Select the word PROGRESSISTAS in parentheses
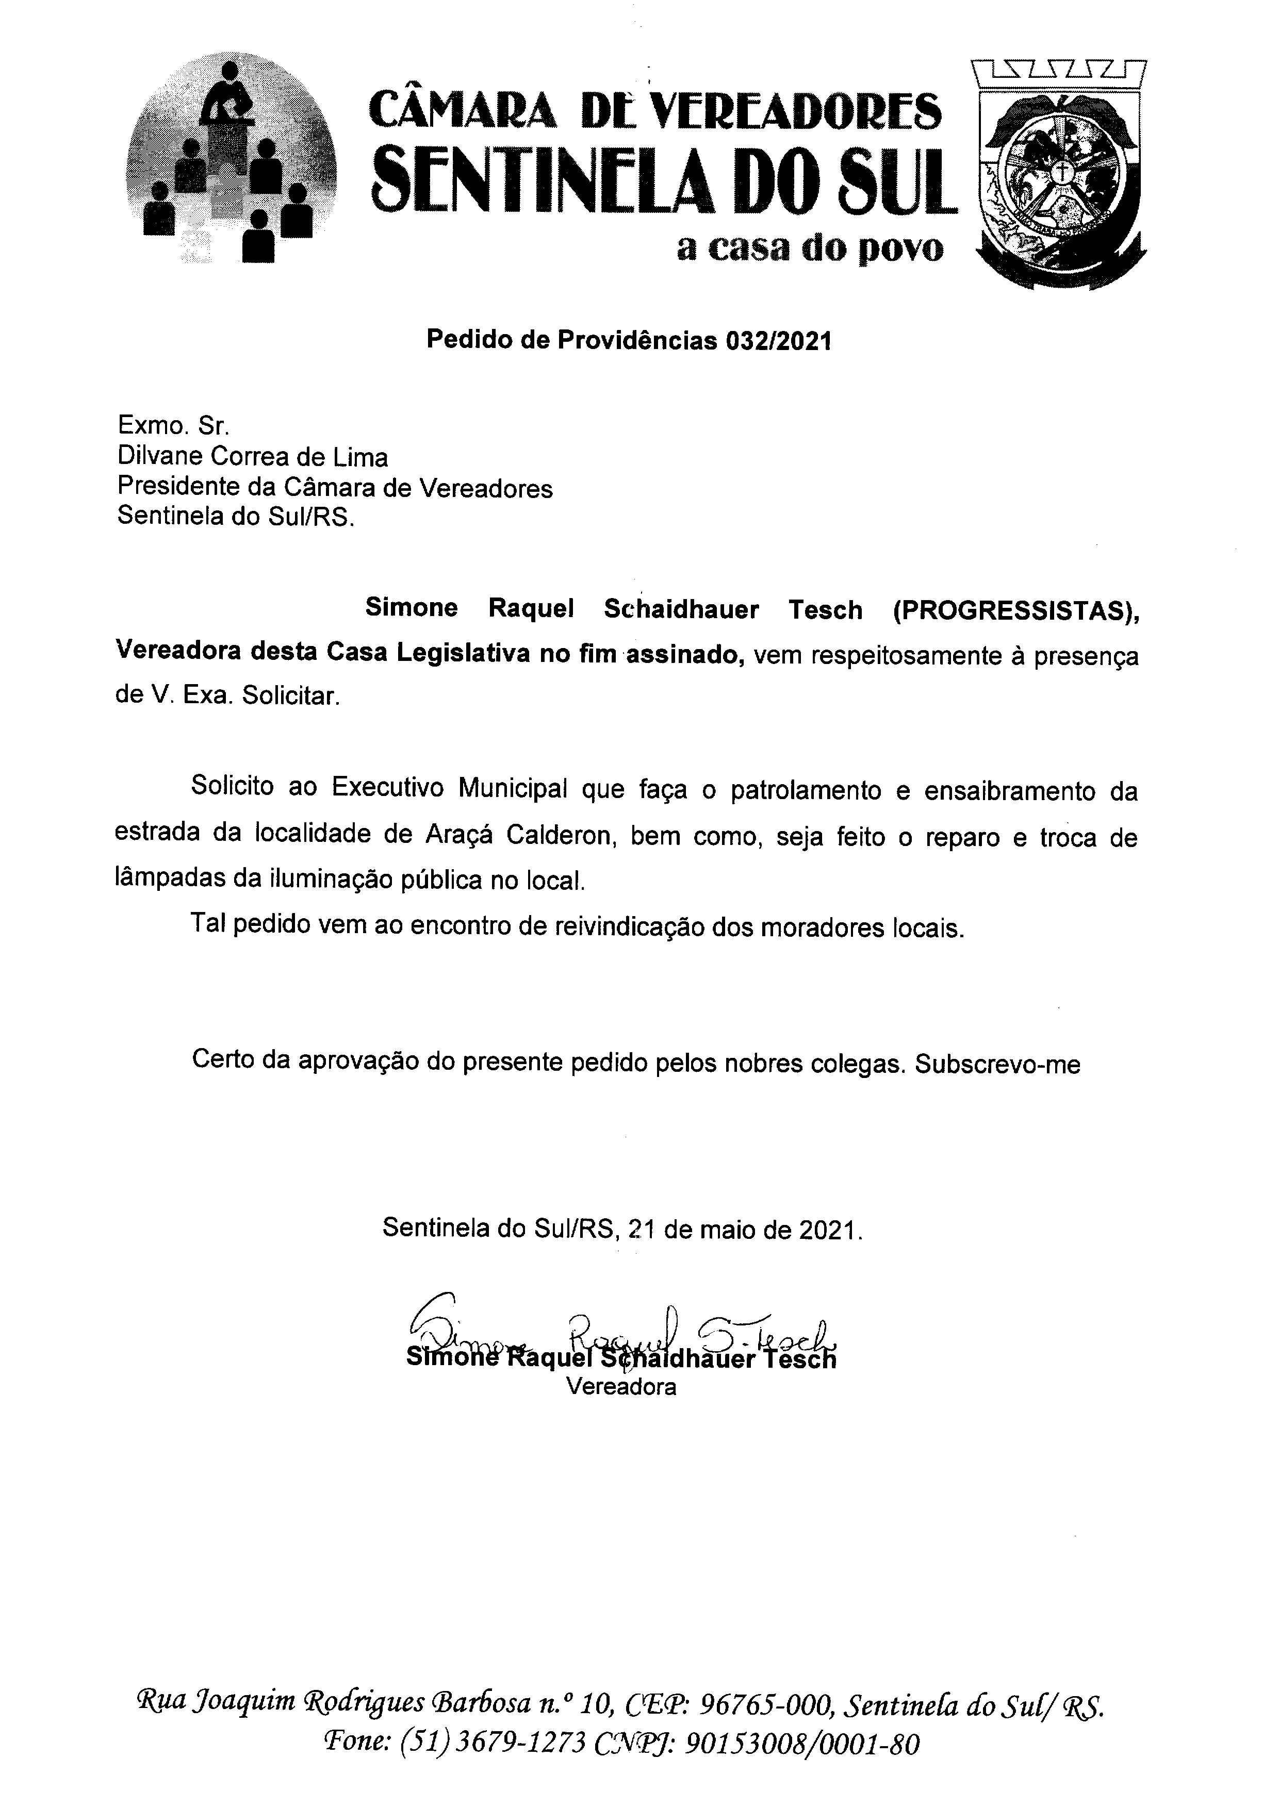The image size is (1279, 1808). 1015,610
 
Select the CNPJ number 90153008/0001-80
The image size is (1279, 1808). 802,1744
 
